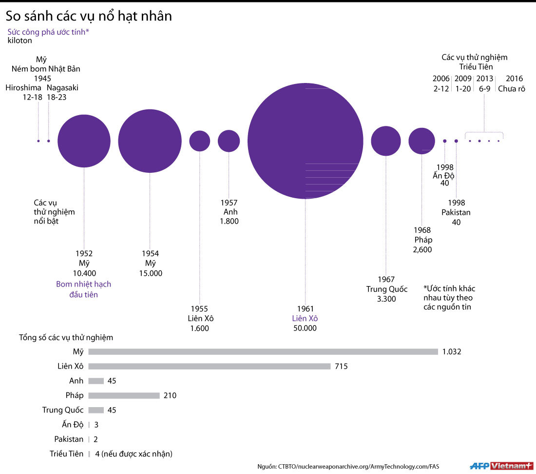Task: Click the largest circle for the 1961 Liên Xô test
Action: pos(306,141)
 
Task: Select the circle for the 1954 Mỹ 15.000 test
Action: pos(150,141)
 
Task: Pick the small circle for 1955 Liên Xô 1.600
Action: pos(200,141)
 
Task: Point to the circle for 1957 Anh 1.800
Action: pos(229,141)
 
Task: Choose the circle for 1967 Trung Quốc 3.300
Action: pos(386,141)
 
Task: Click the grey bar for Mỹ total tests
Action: pos(263,351)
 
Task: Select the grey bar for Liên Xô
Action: pos(210,366)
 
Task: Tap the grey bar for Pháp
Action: pos(124,395)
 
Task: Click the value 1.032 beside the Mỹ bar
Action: pos(451,351)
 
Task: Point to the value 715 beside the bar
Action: pos(341,366)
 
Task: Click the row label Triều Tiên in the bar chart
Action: pos(67,454)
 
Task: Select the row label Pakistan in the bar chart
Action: pos(69,439)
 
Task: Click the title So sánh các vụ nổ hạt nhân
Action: pos(89,16)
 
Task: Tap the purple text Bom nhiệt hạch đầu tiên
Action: pos(84,289)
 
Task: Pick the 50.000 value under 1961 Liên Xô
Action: pos(305,328)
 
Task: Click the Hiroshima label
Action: pos(23,88)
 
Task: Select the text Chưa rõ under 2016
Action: pos(512,89)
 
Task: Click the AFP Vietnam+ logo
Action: pos(501,466)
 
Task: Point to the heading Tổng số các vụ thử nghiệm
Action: pos(66,337)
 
